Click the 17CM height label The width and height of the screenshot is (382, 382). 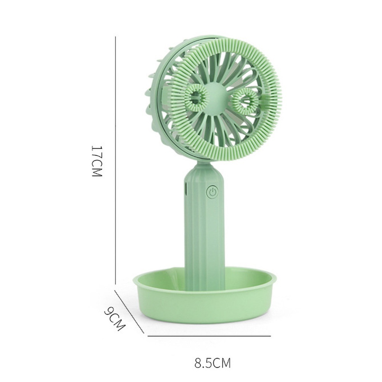96,161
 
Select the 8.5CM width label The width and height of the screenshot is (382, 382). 213,363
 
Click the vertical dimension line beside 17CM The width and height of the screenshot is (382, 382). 115,160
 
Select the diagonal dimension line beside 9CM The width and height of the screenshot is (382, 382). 129,312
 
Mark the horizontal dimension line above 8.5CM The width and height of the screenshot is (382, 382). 209,336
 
